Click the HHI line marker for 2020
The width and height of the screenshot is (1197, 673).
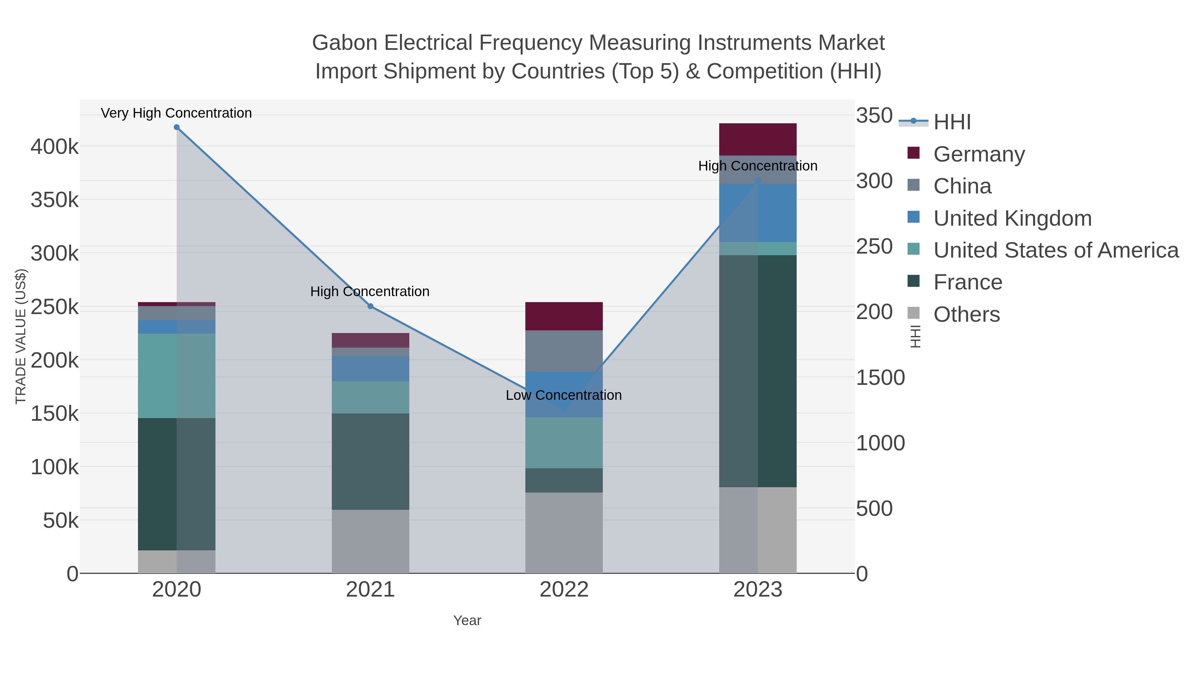pos(177,127)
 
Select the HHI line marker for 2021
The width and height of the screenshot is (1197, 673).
pos(370,306)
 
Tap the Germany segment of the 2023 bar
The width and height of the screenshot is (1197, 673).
pos(757,139)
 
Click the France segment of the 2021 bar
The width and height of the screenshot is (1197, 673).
pos(370,461)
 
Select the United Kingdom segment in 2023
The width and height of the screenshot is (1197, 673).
pos(757,213)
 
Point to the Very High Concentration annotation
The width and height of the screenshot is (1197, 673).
pos(177,113)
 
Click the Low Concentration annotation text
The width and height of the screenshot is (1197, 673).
pos(564,395)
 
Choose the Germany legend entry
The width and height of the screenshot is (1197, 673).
pos(979,154)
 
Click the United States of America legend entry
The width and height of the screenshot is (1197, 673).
pos(1056,250)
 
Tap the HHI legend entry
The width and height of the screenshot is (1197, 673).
pos(952,122)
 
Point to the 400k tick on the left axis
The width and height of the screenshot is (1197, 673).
pos(55,147)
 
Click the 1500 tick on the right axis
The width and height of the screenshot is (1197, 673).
pos(880,378)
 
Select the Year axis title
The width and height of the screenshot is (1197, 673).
pos(467,620)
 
